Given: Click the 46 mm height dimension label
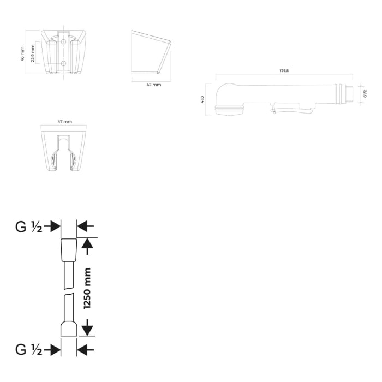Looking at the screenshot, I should pyautogui.click(x=23, y=51).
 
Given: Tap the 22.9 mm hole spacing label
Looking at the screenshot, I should pyautogui.click(x=33, y=53).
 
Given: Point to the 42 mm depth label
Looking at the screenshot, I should pyautogui.click(x=154, y=85).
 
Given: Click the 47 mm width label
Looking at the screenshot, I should pyautogui.click(x=64, y=121).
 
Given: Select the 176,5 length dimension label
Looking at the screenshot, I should pyautogui.click(x=284, y=71).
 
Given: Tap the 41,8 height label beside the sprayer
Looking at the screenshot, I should pyautogui.click(x=202, y=99).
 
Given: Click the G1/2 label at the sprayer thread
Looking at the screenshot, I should pyautogui.click(x=365, y=93).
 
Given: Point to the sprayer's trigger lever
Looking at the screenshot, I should pyautogui.click(x=292, y=111).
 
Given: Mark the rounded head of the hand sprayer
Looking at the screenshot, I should pyautogui.click(x=228, y=98).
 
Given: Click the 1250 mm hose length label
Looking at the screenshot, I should pyautogui.click(x=87, y=288).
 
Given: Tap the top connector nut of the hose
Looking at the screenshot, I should pyautogui.click(x=69, y=250).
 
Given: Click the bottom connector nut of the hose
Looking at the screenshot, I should pyautogui.click(x=69, y=330).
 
